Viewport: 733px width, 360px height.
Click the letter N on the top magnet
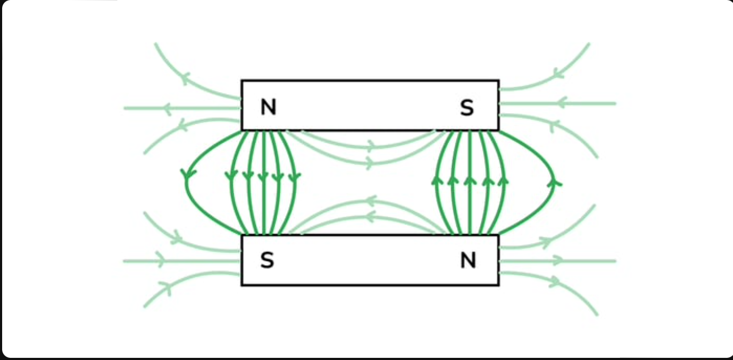pos(268,108)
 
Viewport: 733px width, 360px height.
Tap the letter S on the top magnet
pos(467,108)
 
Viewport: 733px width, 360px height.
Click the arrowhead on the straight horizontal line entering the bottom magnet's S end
pos(159,261)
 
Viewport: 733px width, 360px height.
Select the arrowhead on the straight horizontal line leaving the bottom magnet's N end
pos(558,261)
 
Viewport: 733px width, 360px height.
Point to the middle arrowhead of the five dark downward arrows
pos(263,176)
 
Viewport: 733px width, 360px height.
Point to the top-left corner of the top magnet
pos(242,81)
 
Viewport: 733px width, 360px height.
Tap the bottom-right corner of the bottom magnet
pos(498,285)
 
